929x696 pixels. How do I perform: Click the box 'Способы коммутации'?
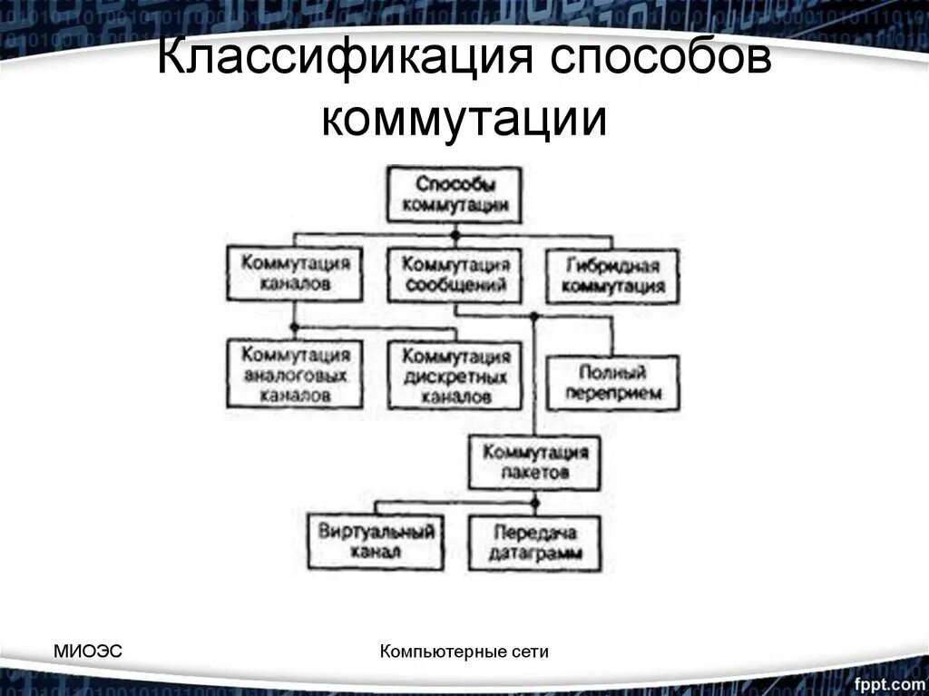tap(455, 194)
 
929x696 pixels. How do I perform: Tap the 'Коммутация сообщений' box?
tap(455, 275)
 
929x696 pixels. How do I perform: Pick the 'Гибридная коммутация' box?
tap(612, 277)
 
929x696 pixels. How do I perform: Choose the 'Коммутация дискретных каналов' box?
tap(455, 374)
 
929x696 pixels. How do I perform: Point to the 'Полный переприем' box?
tap(612, 383)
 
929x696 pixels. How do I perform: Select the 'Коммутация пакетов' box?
tap(534, 462)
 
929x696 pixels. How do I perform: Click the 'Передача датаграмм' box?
tap(534, 543)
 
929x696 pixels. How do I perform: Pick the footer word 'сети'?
tap(533, 651)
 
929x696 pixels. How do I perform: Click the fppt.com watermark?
tap(885, 679)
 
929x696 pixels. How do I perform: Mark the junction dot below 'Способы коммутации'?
tap(455, 235)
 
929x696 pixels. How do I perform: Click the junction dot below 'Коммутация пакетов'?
tap(535, 502)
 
